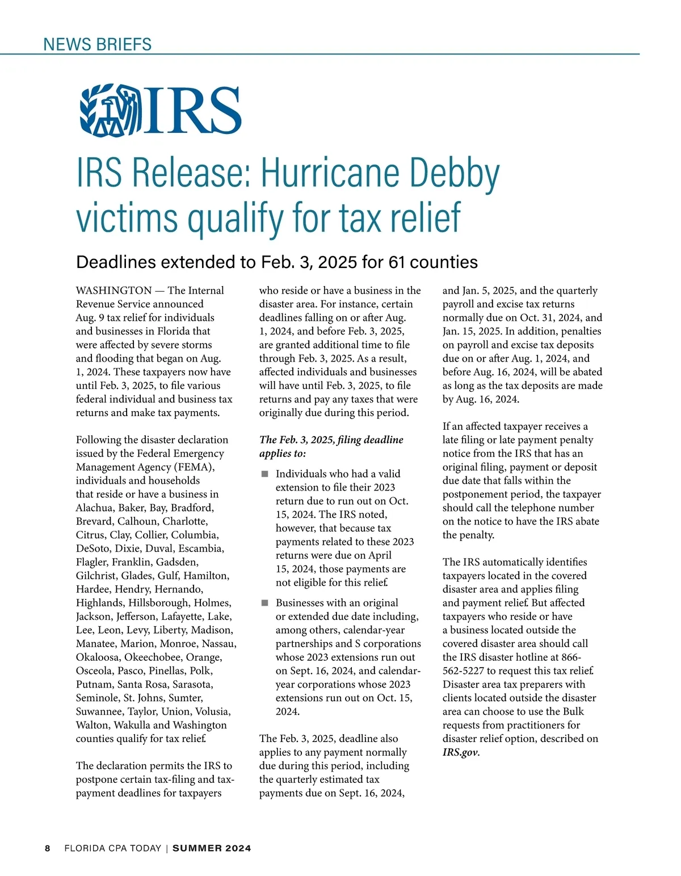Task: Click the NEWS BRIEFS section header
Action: tap(97, 44)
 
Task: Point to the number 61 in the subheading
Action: tap(397, 262)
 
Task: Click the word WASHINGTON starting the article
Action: tap(113, 291)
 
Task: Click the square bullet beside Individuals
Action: tap(264, 474)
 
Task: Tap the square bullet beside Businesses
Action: tap(264, 603)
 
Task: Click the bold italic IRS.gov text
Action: tap(461, 753)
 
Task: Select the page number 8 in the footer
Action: tap(48, 849)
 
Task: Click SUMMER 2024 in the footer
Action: tap(212, 849)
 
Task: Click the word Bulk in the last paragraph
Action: tap(573, 712)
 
